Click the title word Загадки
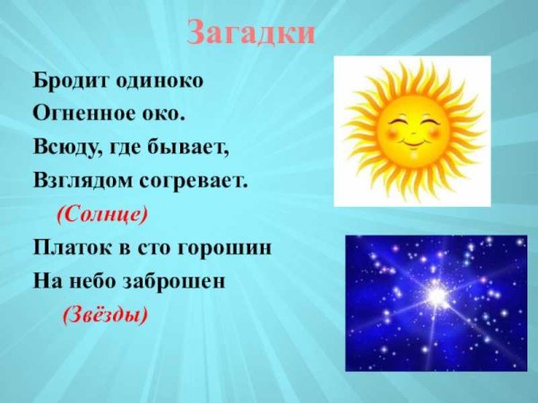pos(252,34)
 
